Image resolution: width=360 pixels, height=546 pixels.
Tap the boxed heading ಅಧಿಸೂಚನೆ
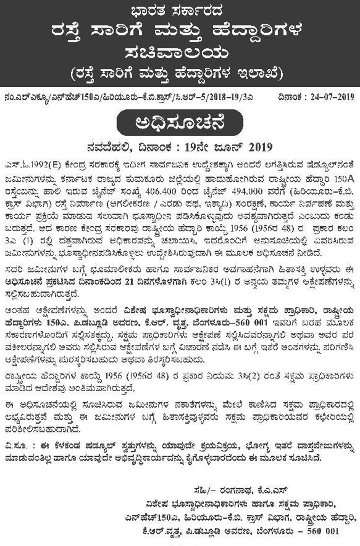180,123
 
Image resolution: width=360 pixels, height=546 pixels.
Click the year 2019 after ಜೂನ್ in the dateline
260,148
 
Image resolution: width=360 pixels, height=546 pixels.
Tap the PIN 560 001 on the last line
323,532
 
